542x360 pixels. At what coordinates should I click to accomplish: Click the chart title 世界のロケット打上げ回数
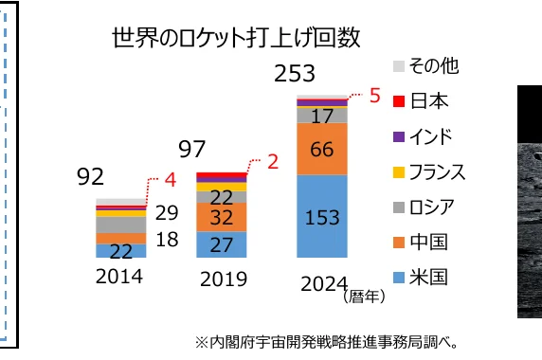coord(238,39)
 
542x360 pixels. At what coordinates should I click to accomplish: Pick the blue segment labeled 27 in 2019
coord(221,243)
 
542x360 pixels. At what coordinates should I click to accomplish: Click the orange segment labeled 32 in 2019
coord(221,217)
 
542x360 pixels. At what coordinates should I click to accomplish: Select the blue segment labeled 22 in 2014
coord(120,250)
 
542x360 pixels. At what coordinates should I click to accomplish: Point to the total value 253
coord(294,74)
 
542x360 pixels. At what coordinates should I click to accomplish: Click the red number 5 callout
coord(374,96)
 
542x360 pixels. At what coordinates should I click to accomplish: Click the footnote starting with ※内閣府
coord(327,341)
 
